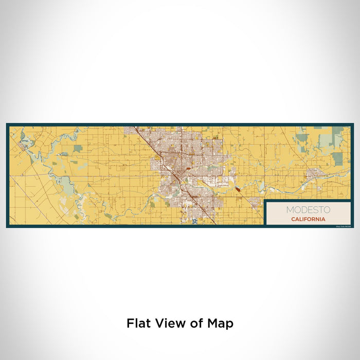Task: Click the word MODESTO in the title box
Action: (x=309, y=210)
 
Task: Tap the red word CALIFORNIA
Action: (x=309, y=219)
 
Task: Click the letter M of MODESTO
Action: (x=290, y=210)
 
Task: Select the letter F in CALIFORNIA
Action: (x=307, y=219)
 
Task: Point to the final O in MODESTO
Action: (x=328, y=210)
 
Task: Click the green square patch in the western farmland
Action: (x=77, y=149)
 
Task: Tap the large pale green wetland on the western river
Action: (x=67, y=183)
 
